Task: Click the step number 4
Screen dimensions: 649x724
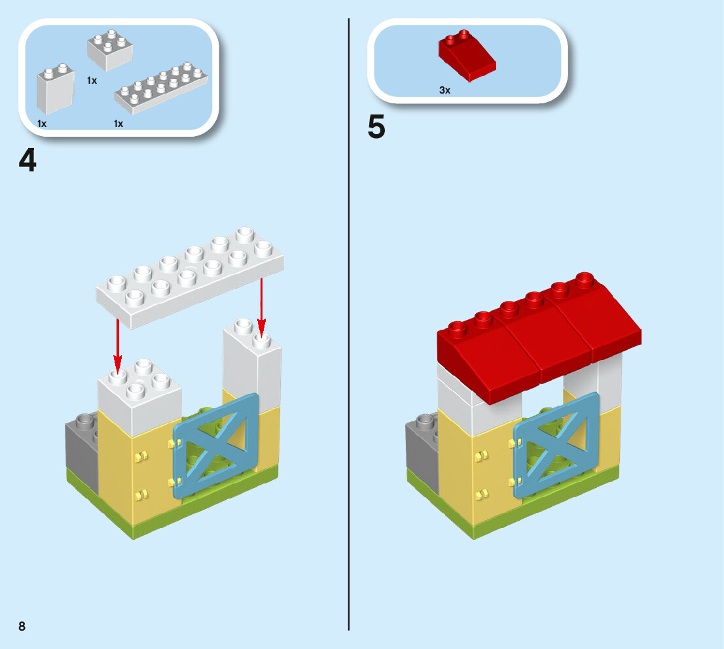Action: [27, 161]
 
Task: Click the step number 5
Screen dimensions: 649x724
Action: [376, 127]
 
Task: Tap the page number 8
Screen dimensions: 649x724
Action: [22, 626]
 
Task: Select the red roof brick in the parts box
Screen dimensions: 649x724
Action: [466, 57]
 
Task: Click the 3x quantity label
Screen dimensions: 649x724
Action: [445, 90]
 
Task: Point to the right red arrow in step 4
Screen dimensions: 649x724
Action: [261, 304]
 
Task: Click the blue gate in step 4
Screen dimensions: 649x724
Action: [216, 445]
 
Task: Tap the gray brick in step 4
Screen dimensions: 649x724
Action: [81, 451]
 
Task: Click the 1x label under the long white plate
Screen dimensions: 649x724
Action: [118, 123]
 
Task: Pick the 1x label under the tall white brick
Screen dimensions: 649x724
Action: [42, 123]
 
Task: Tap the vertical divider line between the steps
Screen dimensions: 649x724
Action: [349, 327]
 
